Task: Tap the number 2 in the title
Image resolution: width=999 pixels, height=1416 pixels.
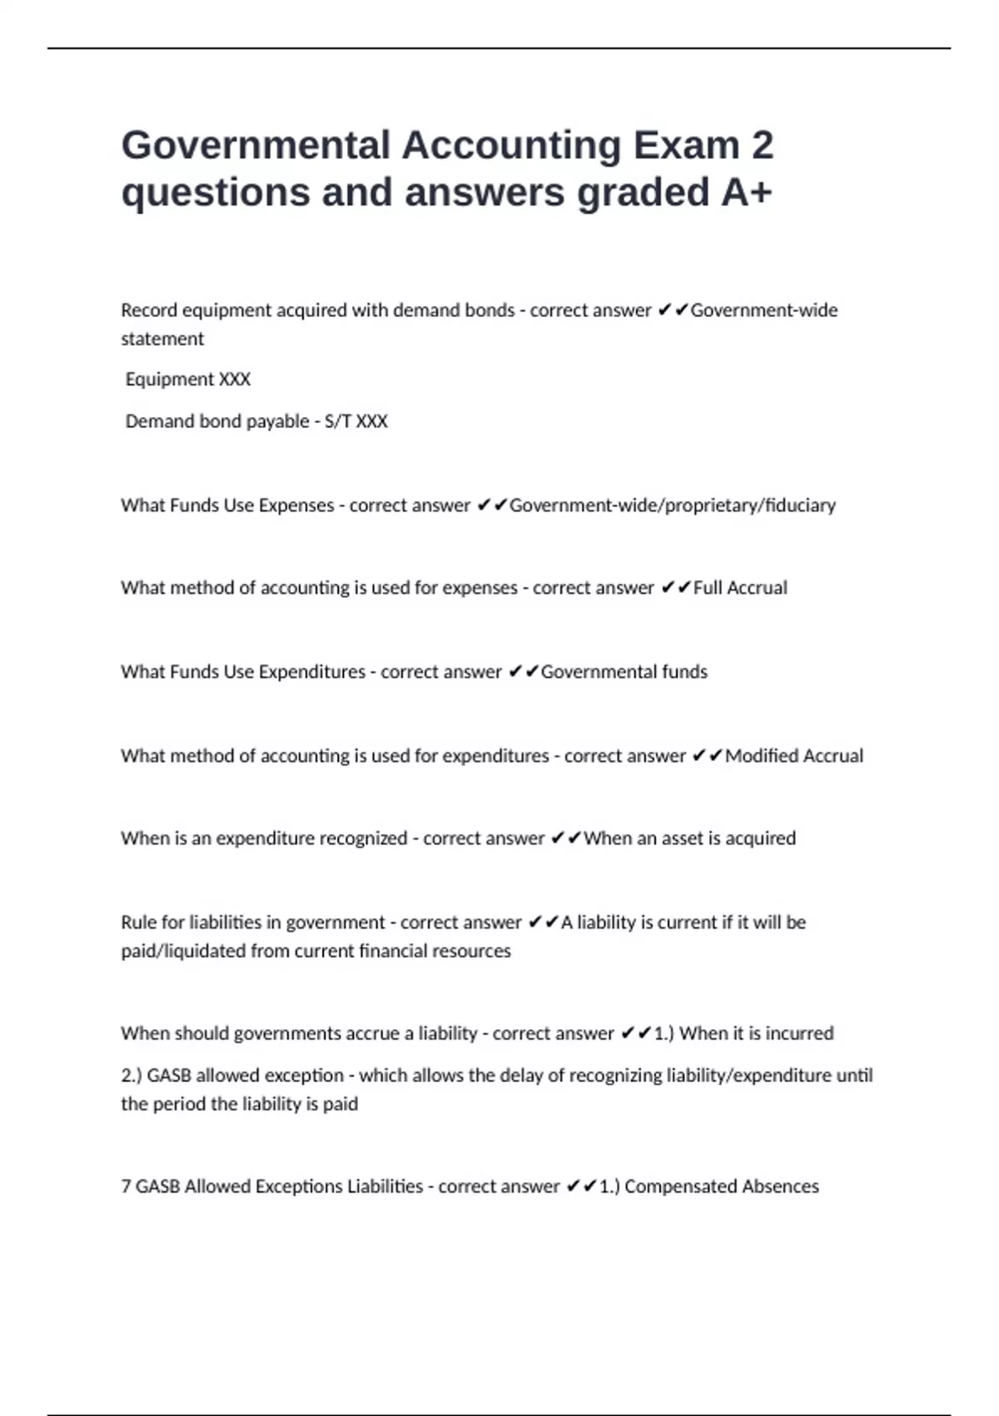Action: pos(762,145)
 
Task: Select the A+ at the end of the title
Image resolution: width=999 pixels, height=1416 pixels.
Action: pos(747,192)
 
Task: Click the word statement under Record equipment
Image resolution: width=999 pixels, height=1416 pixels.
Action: pos(162,339)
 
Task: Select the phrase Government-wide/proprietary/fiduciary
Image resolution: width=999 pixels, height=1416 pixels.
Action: pos(672,506)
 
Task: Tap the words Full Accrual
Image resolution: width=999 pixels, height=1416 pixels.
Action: pos(740,588)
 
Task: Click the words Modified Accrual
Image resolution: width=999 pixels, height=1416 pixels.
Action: pos(794,756)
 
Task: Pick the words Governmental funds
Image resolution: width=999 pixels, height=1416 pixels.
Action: pos(624,672)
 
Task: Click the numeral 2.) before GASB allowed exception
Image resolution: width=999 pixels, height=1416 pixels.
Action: pos(132,1075)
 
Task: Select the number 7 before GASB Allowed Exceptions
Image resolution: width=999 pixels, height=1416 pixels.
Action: pos(126,1186)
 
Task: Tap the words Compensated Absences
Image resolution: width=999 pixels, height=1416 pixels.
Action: pos(721,1186)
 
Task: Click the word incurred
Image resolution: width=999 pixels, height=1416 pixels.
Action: pos(799,1034)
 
